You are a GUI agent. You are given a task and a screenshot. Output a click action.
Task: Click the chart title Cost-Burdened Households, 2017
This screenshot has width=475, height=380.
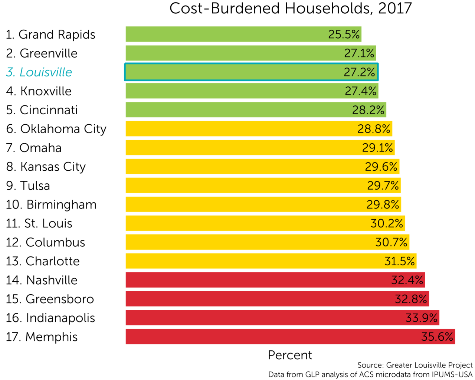coord(290,9)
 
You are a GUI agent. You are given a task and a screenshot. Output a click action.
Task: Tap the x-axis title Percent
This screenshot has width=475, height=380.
coord(290,355)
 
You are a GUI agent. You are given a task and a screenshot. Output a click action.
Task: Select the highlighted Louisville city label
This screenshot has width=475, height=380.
coord(39,72)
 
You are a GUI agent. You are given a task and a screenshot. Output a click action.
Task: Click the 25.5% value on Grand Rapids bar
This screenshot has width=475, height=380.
coord(344,35)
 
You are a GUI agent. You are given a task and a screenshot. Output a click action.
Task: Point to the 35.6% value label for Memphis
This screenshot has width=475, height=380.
coord(437,337)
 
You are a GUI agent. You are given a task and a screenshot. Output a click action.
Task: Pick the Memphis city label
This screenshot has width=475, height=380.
coord(42,337)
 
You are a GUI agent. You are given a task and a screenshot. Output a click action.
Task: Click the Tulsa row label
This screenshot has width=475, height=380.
coord(28,186)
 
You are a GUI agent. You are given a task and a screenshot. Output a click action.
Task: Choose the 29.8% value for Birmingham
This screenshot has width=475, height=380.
coord(383,204)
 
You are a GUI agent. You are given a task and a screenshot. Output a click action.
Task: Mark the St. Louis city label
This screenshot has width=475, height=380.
coord(39,223)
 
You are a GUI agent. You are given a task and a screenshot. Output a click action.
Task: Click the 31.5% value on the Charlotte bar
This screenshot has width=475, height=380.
coord(399,261)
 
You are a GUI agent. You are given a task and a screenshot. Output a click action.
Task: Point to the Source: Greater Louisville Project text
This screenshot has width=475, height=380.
coord(415,365)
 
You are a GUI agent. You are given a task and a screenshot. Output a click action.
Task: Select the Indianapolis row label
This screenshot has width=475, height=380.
coord(50,318)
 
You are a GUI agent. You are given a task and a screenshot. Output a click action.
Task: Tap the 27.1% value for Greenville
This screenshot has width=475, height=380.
coord(359,53)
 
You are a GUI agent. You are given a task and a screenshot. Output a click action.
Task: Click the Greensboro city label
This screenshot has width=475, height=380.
coord(50,299)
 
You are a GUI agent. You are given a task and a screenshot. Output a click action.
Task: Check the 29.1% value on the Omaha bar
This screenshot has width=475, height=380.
coord(377,148)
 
